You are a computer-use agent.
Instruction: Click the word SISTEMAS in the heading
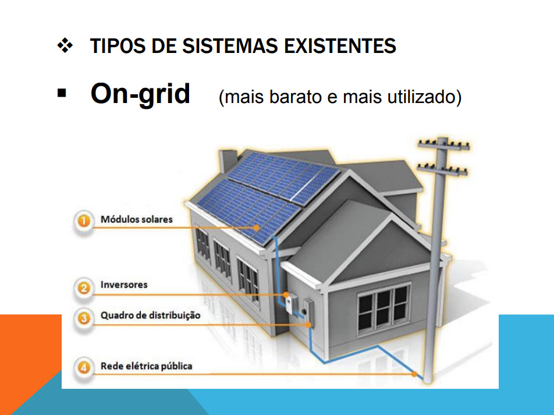[x=230, y=46]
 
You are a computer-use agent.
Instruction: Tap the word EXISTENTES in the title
[x=340, y=46]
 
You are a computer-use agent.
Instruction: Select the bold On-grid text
[x=140, y=94]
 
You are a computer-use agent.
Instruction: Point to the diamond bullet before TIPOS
[x=65, y=45]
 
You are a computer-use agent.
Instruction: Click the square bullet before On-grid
[x=62, y=93]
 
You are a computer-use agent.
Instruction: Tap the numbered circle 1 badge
[x=84, y=221]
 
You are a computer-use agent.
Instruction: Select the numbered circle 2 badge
[x=84, y=288]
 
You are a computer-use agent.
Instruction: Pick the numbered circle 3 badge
[x=84, y=318]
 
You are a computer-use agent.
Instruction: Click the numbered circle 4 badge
[x=84, y=368]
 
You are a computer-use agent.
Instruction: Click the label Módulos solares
[x=137, y=219]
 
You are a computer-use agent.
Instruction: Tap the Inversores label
[x=124, y=285]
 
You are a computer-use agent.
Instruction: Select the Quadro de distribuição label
[x=151, y=315]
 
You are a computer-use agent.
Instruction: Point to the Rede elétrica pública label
[x=146, y=366]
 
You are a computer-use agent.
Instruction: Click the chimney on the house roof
[x=228, y=162]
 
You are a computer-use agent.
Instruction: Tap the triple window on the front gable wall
[x=383, y=309]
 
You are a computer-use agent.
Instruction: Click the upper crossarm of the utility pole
[x=444, y=144]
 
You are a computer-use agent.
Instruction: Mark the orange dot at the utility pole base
[x=414, y=374]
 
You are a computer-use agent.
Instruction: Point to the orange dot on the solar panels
[x=257, y=228]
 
